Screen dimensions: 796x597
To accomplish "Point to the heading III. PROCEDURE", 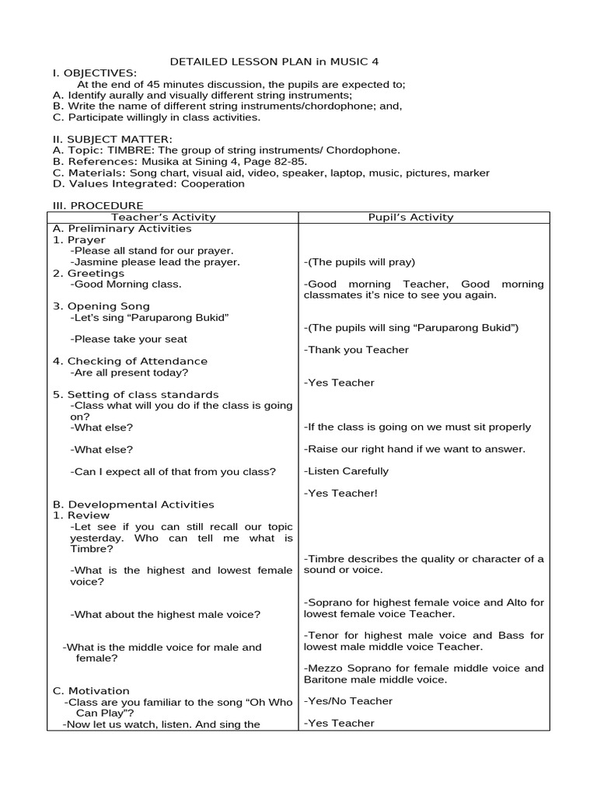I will pos(98,206).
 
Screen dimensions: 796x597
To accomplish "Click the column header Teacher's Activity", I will pos(164,218).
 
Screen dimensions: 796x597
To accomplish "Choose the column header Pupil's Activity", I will pos(411,218).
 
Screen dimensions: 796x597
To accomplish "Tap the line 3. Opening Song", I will pos(101,306).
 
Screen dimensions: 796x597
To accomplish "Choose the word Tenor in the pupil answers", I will pos(323,635).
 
